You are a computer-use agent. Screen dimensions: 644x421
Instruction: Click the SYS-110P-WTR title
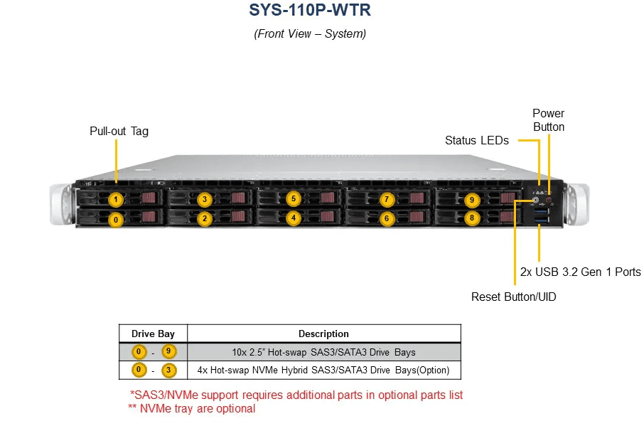coord(310,10)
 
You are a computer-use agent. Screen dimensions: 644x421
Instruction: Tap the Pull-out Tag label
coord(119,132)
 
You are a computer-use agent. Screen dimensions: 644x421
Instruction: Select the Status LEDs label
coord(477,141)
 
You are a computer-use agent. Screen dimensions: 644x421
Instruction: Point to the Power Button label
coord(548,120)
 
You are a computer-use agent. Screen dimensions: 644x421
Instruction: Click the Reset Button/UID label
coord(513,297)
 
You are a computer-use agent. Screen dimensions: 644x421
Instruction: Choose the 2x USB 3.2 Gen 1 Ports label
coord(580,272)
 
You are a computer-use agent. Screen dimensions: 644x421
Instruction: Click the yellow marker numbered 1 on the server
coord(116,200)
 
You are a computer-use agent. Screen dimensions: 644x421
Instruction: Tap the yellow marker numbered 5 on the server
coord(294,199)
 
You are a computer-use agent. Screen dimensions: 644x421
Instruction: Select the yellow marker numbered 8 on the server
coord(472,218)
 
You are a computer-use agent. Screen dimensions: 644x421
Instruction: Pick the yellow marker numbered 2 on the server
coord(205,218)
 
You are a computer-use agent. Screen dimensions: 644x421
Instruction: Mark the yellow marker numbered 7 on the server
coord(387,200)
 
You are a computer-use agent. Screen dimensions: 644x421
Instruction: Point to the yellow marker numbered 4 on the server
coord(294,218)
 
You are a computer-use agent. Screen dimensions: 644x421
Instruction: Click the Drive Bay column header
coord(153,334)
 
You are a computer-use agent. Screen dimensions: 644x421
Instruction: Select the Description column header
coord(323,334)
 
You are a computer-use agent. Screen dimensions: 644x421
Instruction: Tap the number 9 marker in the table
coord(168,351)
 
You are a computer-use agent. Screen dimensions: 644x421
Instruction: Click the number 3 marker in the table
coord(168,370)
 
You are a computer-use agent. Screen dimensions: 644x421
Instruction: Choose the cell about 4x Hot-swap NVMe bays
coord(323,370)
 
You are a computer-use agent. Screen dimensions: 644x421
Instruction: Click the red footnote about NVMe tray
coord(192,409)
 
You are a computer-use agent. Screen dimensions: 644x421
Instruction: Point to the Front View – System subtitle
coord(310,33)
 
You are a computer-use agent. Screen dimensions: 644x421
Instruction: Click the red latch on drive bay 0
coord(149,216)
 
